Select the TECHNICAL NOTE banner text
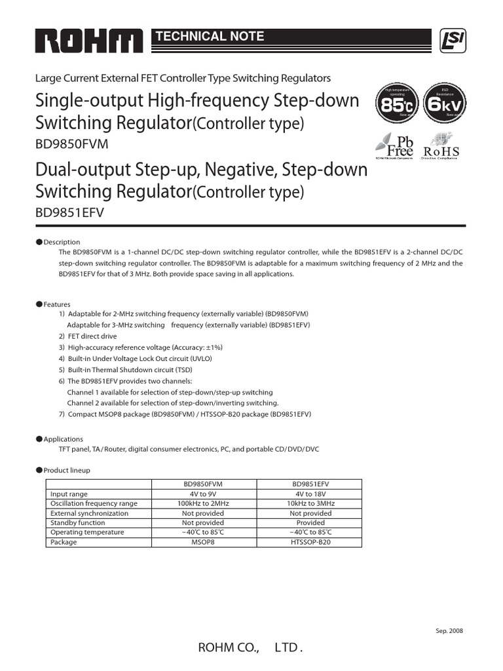click(209, 37)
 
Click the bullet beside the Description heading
click(39, 241)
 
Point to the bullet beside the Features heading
click(39, 304)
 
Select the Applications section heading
click(63, 439)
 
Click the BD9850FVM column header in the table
click(203, 484)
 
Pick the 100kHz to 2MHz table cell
click(203, 503)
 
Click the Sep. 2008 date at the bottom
click(449, 630)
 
